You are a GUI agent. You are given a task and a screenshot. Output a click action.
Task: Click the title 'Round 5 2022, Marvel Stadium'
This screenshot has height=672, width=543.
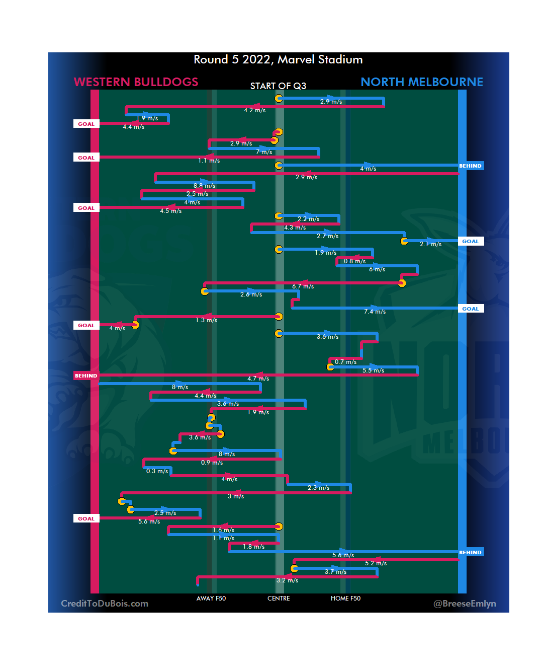pyautogui.click(x=278, y=60)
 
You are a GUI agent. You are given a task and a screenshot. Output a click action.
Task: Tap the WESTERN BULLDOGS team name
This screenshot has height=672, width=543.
pyautogui.click(x=136, y=82)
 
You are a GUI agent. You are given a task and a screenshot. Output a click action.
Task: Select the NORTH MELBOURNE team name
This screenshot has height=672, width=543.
pyautogui.click(x=421, y=82)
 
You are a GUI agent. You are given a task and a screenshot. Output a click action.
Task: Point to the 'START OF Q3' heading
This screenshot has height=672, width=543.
pyautogui.click(x=278, y=86)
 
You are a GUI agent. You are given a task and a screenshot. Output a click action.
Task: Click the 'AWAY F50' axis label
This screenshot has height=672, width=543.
pyautogui.click(x=211, y=599)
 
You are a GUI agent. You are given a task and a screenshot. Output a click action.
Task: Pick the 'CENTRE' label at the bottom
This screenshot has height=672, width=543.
pyautogui.click(x=279, y=599)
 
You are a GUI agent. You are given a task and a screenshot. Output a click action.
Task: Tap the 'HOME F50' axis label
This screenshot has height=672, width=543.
pyautogui.click(x=345, y=599)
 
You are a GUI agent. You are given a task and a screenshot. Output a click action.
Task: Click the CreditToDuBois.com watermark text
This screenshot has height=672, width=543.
pyautogui.click(x=105, y=604)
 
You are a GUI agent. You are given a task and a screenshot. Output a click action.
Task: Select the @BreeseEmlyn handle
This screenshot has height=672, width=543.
pyautogui.click(x=465, y=604)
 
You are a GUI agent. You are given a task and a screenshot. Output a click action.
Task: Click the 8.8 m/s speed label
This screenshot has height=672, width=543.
pyautogui.click(x=204, y=186)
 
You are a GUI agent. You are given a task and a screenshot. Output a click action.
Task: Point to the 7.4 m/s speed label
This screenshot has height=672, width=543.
pyautogui.click(x=375, y=312)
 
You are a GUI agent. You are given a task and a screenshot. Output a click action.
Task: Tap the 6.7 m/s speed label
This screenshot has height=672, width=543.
pyautogui.click(x=303, y=286)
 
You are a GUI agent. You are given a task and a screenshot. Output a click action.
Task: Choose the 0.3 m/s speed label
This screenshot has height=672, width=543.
pyautogui.click(x=157, y=471)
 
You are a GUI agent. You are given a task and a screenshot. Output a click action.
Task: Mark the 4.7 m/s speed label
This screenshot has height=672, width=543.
pyautogui.click(x=258, y=379)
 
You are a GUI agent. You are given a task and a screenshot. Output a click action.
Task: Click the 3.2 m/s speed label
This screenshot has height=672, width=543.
pyautogui.click(x=287, y=580)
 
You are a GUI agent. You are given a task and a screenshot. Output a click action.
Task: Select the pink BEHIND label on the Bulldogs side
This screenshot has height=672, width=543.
pyautogui.click(x=86, y=376)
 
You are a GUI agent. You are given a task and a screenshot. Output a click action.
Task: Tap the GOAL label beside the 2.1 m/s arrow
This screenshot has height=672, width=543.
pyautogui.click(x=471, y=242)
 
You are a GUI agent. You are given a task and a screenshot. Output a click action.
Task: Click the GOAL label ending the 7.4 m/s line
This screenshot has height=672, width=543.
pyautogui.click(x=471, y=309)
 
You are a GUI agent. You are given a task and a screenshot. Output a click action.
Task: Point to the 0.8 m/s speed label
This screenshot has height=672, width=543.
pyautogui.click(x=354, y=261)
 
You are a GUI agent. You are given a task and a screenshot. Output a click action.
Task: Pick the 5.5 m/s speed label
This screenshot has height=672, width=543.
pyautogui.click(x=373, y=370)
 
